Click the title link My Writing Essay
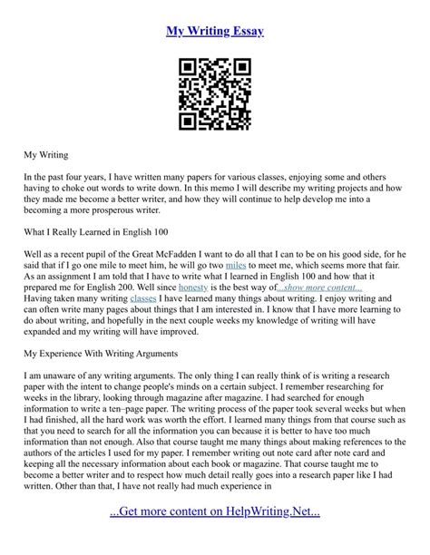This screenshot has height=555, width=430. [215, 32]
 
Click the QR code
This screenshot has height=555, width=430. [215, 94]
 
